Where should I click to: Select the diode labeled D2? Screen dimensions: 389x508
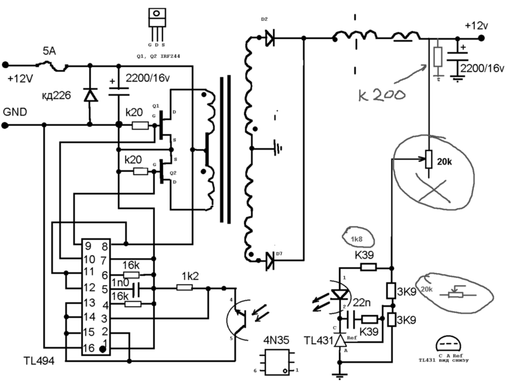point(269,39)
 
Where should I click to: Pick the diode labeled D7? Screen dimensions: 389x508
point(269,261)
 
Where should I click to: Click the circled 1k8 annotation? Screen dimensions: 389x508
point(356,239)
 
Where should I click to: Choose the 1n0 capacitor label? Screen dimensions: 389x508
point(118,284)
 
